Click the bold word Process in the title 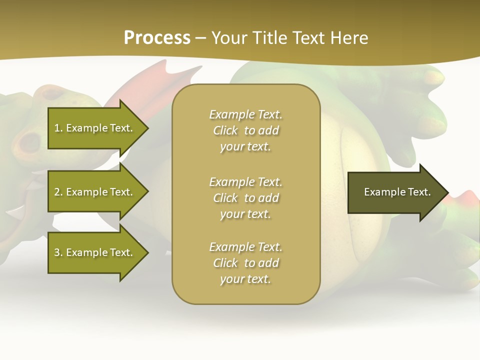(157, 38)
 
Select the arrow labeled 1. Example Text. (95, 128)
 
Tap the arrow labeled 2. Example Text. (95, 192)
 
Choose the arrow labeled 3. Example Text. (95, 252)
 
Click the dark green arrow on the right (395, 192)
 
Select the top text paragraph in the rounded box (245, 130)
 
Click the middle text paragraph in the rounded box (245, 198)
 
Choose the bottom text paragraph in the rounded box (245, 263)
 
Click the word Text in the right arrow (418, 192)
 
